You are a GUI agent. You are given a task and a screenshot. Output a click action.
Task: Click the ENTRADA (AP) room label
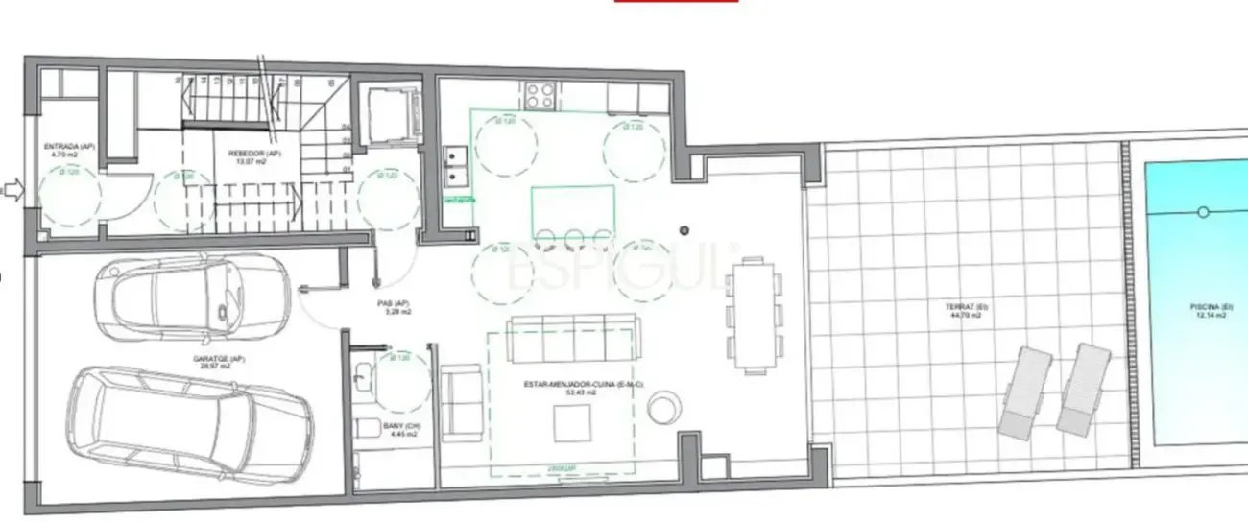67,149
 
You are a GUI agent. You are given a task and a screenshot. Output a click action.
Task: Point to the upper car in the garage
192,297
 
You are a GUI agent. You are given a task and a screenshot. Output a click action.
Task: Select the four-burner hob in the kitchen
540,95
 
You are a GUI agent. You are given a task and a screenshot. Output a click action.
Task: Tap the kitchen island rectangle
573,206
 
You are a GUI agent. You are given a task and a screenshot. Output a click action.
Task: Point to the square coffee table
572,423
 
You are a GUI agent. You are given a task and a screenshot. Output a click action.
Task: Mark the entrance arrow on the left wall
12,190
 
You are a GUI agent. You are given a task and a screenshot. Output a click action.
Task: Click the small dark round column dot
684,230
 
